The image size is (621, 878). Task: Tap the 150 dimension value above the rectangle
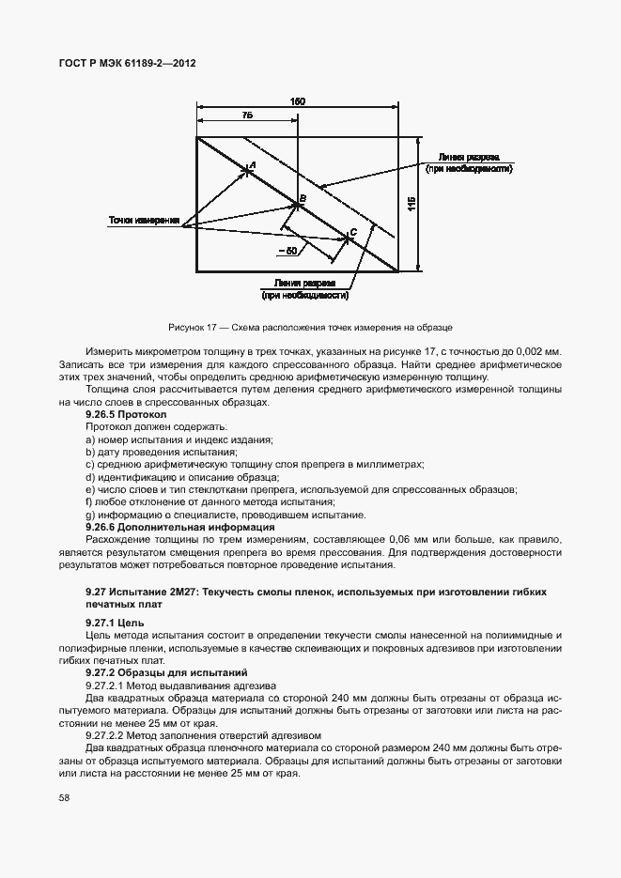coord(298,100)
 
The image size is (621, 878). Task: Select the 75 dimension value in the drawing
coord(247,116)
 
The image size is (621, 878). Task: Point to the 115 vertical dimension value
coord(411,204)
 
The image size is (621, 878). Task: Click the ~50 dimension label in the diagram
coord(287,251)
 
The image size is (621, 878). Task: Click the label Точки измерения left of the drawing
coord(144,221)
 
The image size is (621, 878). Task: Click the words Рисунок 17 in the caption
coord(194,327)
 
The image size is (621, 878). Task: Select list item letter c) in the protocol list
coord(88,464)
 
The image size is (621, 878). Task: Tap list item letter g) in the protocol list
coord(88,515)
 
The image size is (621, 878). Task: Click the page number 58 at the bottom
coord(64,798)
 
